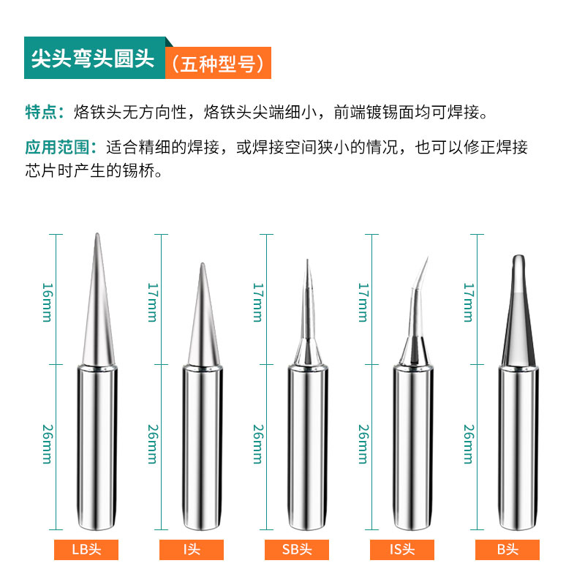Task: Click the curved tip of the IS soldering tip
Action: click(426, 257)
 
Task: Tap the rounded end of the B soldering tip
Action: click(518, 258)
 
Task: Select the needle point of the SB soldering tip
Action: click(307, 262)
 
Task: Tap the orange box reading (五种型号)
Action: click(217, 64)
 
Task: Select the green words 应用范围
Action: click(56, 147)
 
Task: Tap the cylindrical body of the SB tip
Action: click(307, 446)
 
